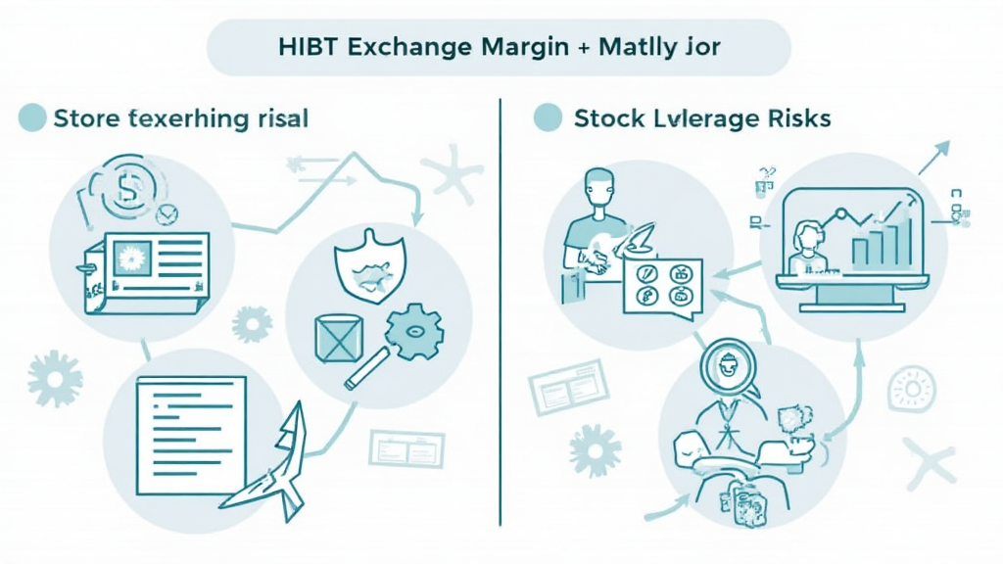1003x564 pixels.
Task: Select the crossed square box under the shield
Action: point(339,338)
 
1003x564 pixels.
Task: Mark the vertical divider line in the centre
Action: point(501,313)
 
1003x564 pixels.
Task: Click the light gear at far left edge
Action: point(54,378)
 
